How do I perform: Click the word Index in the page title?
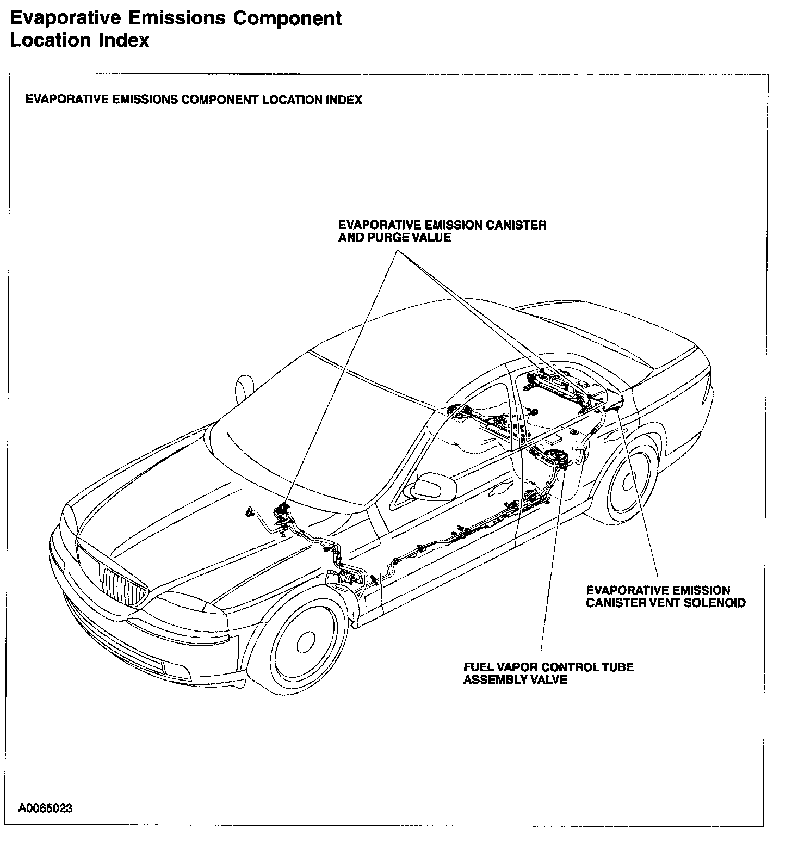(x=126, y=40)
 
